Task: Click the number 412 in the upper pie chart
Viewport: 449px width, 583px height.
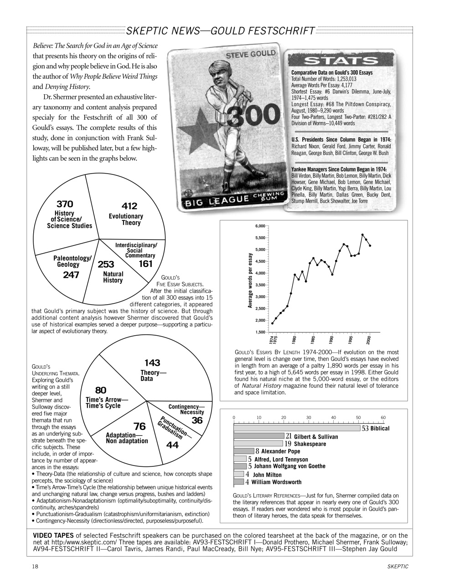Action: [129, 206]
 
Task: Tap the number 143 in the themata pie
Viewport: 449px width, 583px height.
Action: [152, 363]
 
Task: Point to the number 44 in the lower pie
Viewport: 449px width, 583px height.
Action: [173, 445]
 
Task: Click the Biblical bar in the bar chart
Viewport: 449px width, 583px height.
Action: [296, 428]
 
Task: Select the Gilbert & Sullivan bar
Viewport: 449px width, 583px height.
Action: [258, 436]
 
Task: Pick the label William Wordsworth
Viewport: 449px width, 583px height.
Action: [276, 482]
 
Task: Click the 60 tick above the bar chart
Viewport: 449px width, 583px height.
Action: [383, 417]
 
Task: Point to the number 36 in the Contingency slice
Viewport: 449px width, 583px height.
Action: [197, 420]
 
